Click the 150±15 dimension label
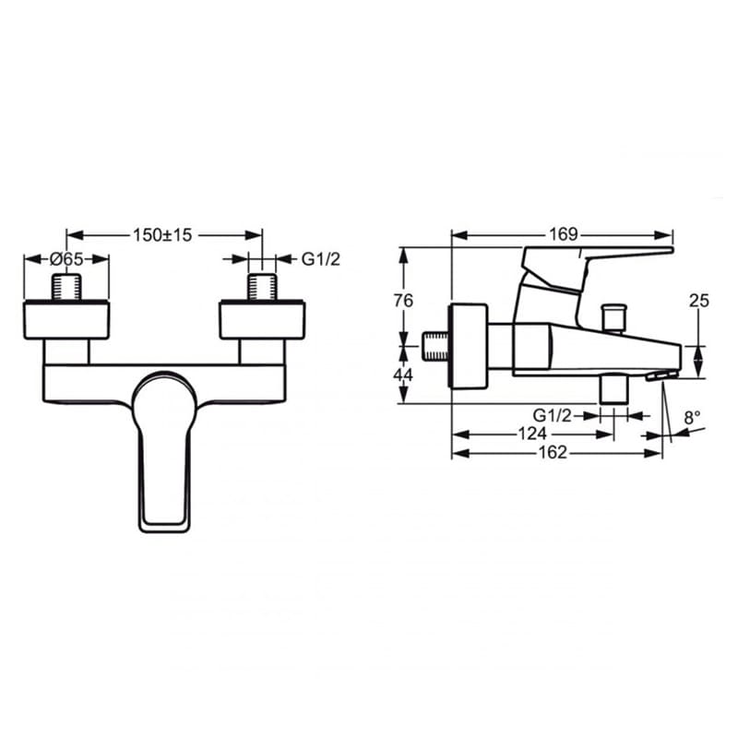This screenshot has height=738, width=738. tap(163, 235)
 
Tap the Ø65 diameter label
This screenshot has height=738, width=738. tap(66, 259)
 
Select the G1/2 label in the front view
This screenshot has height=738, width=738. tap(320, 259)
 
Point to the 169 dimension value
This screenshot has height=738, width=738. tap(564, 234)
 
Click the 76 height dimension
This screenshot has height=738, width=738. tap(403, 301)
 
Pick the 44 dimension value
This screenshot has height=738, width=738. tap(403, 375)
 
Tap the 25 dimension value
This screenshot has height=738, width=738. tap(699, 301)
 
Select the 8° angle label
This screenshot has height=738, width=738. tap(692, 418)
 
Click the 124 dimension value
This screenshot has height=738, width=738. tap(532, 434)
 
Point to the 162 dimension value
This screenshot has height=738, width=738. tap(553, 452)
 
